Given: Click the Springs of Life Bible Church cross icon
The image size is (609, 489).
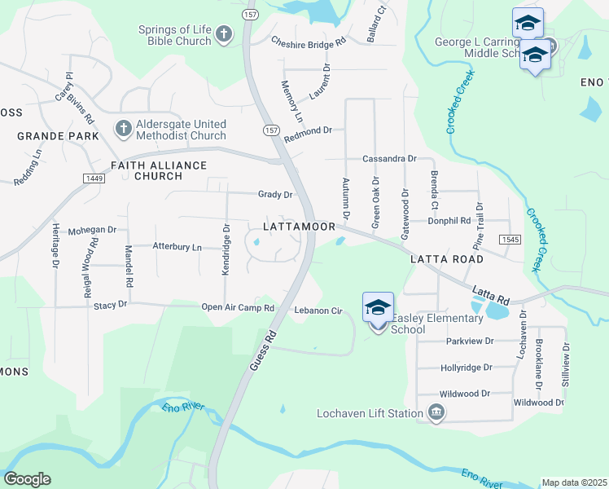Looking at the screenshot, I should point(225,34).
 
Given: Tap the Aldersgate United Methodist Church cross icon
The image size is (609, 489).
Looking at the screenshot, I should point(123,128).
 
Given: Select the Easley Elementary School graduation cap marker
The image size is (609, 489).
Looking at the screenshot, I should point(378,308).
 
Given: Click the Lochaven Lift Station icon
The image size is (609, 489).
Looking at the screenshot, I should point(436,412).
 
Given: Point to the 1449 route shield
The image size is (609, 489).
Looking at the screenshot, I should point(93,178).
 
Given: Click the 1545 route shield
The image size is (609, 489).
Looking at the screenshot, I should point(510,238).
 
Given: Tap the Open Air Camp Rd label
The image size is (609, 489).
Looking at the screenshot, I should point(239,308).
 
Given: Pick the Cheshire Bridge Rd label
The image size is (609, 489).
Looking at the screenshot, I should point(309,40).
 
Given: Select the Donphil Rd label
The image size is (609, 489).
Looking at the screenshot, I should point(449,221).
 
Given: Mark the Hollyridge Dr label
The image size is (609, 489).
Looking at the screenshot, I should point(467,368).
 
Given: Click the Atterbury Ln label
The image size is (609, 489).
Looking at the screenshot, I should point(177,246).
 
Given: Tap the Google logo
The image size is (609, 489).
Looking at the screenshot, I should point(27,479).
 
